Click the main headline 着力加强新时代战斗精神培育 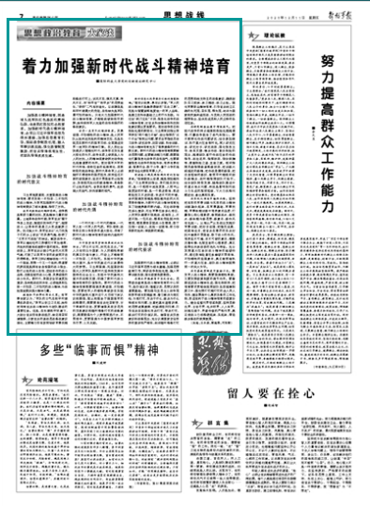pyautogui.click(x=127, y=68)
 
